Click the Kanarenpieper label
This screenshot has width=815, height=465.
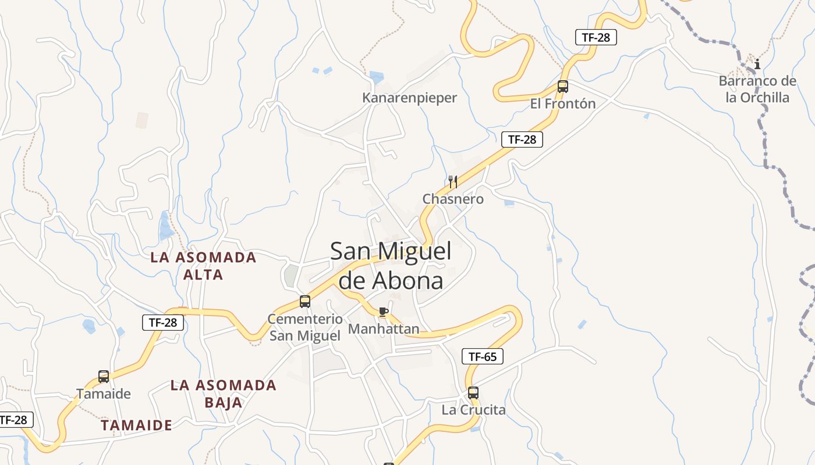click(409, 98)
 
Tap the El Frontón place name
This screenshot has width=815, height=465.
click(562, 104)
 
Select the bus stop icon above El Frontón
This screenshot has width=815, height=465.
click(562, 87)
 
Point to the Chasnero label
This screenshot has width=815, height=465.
click(453, 199)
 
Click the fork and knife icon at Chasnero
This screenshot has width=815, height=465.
click(453, 182)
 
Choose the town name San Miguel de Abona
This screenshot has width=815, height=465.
click(391, 266)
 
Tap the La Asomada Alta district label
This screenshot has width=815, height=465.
click(203, 266)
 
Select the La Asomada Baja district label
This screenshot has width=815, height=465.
click(224, 394)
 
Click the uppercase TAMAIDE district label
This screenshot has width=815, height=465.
click(136, 425)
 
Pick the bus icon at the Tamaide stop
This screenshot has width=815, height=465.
click(104, 377)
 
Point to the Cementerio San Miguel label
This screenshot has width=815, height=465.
click(305, 327)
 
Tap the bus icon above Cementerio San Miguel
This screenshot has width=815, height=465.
click(305, 302)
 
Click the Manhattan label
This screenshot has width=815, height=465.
click(384, 329)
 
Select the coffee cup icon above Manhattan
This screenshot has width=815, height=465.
click(383, 312)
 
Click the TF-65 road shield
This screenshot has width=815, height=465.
click(483, 357)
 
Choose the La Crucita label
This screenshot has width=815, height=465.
click(473, 410)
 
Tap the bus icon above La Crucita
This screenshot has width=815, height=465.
click(473, 393)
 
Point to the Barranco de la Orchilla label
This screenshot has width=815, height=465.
click(757, 89)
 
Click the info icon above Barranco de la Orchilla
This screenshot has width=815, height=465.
click(757, 65)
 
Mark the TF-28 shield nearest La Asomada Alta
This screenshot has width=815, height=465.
click(163, 323)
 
